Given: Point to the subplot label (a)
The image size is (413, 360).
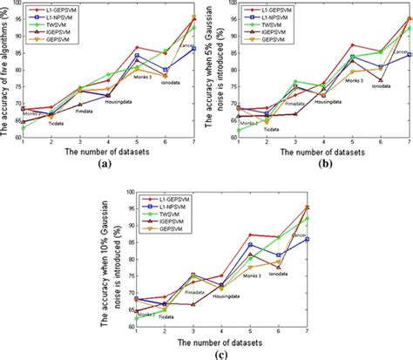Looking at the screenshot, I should pos(105,163).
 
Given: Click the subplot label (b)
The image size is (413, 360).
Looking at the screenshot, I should pos(310,163).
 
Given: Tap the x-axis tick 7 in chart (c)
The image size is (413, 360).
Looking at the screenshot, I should pos(307,331).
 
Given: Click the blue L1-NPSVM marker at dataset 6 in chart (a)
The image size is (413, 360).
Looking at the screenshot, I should pos(166,70).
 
